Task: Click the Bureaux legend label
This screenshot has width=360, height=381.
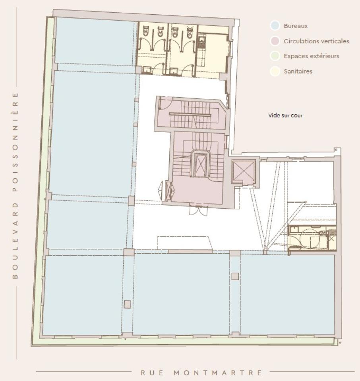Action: click(296, 26)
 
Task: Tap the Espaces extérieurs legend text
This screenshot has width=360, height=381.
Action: click(311, 56)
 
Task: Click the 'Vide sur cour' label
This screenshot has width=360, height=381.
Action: click(285, 115)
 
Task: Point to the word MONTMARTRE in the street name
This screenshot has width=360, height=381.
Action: click(219, 373)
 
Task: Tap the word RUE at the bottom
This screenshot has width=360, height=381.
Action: click(150, 373)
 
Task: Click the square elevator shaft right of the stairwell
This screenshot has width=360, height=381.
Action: click(243, 171)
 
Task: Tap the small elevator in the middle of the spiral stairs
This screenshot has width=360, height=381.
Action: click(200, 164)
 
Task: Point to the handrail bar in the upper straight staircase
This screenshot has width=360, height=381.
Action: click(190, 114)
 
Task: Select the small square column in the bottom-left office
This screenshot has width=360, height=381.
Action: click(127, 304)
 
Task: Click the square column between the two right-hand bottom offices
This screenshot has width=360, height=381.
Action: click(235, 276)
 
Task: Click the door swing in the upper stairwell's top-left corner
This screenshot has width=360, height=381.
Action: click(165, 104)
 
